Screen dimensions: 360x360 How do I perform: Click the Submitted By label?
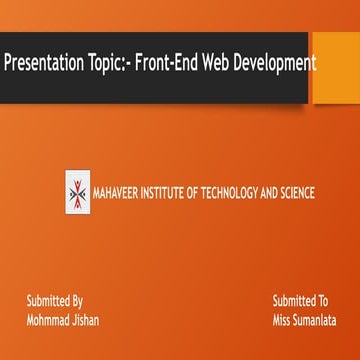54,301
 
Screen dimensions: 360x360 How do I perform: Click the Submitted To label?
300,301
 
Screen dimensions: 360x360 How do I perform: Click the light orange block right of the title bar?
336,66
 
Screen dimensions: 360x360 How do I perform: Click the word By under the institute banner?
76,301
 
